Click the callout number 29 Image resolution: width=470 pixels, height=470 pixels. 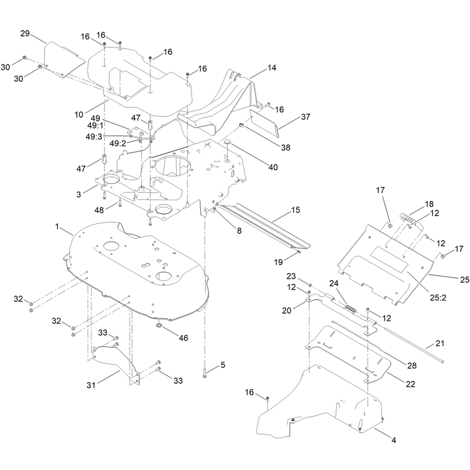pos(25,33)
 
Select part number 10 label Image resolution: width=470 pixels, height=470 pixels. pos(79,115)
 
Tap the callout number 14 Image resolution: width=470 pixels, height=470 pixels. pos(271,68)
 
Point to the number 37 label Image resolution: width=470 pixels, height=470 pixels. pos(305,117)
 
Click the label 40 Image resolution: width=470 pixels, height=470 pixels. pos(273,167)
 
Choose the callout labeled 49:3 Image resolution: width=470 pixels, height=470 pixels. pos(94,137)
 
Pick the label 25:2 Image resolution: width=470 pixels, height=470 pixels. pos(438,298)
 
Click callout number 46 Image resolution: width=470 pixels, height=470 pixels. pos(183,338)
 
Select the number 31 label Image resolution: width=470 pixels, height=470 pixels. pos(91,385)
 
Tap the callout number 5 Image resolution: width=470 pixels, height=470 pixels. pos(223,365)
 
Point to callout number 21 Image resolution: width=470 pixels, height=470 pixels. pos(439,344)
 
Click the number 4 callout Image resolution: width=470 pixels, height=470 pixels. pos(394,440)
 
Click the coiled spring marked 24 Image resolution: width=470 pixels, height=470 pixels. pos(350,308)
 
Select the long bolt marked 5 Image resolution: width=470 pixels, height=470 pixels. pos(204,372)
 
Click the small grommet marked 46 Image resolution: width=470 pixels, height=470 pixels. pos(159,325)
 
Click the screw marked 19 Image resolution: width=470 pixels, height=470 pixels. pos(299,253)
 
